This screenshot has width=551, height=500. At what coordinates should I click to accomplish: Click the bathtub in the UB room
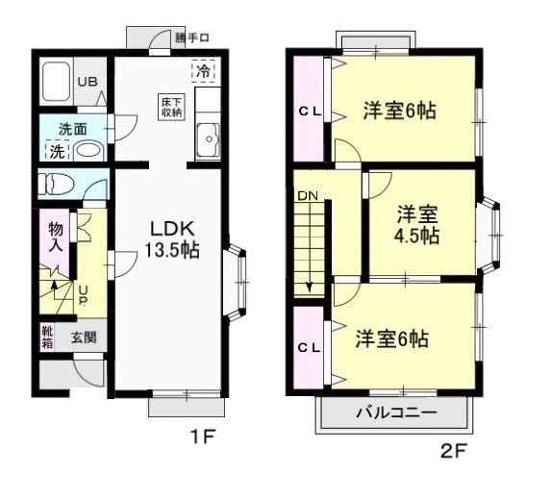coord(57,84)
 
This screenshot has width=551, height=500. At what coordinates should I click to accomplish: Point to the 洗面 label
coord(73,128)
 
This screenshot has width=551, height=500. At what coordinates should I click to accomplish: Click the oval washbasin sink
coord(88,151)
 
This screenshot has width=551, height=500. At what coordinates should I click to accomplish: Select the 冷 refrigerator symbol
coord(203,70)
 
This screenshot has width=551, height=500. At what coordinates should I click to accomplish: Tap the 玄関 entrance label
coord(84,337)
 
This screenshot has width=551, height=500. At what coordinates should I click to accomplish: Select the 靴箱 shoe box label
coord(47,337)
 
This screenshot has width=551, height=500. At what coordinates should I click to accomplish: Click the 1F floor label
coord(201,437)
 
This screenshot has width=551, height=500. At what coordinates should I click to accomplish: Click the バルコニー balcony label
coord(396,414)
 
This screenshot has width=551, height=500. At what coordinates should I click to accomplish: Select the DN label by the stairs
coord(307,196)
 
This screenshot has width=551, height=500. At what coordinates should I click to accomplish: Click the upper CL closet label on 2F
coord(309,112)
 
